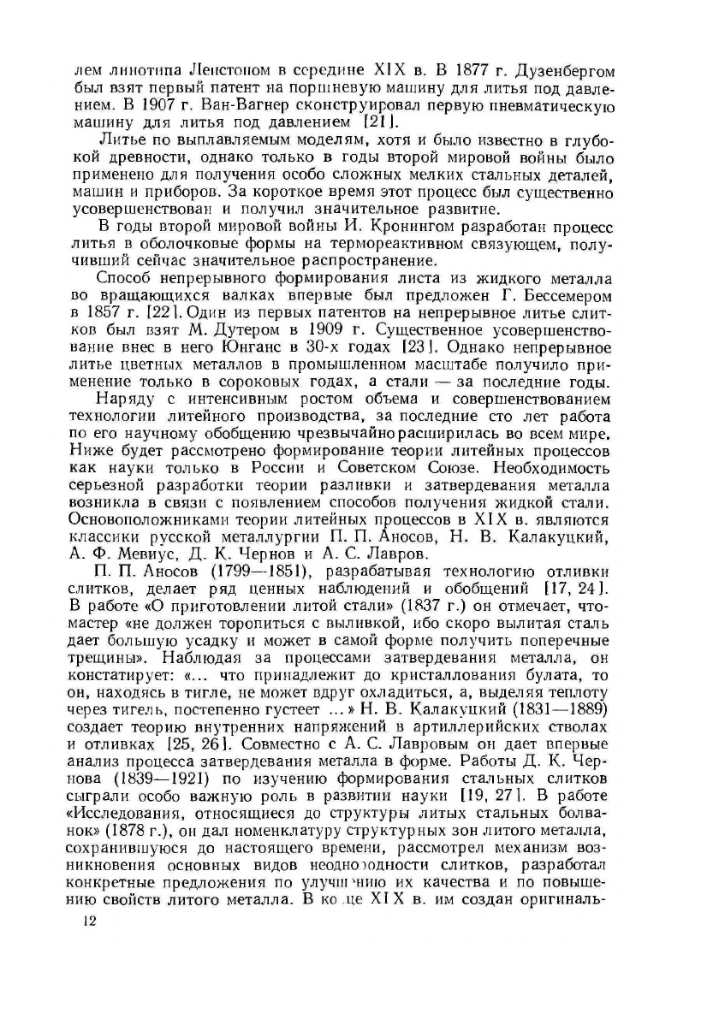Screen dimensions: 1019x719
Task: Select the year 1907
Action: [x=171, y=107]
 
